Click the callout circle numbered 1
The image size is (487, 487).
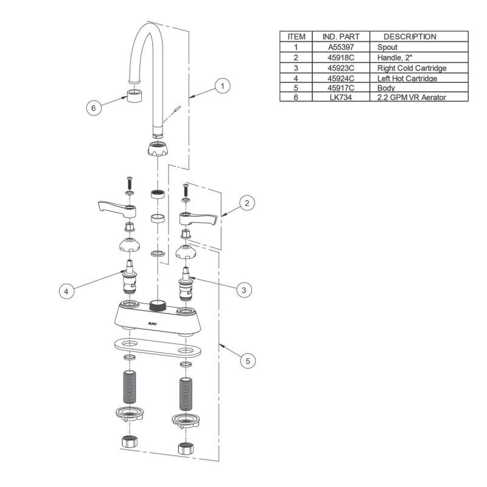click(x=222, y=86)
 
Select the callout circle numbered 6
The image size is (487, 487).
click(x=94, y=108)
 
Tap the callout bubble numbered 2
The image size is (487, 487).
click(x=247, y=203)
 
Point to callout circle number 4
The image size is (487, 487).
click(x=66, y=292)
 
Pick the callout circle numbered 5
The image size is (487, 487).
click(x=248, y=361)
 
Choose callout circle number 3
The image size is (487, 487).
click(x=244, y=290)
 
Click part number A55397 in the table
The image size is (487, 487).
click(x=341, y=47)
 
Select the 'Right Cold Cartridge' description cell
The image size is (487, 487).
click(x=412, y=68)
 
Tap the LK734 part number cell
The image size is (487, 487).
click(x=341, y=97)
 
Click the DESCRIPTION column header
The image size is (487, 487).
click(x=410, y=37)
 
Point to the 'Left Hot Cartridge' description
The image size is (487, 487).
click(x=407, y=79)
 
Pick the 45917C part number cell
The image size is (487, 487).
click(x=341, y=88)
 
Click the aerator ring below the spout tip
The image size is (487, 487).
click(x=135, y=94)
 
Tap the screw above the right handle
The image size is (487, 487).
click(x=186, y=189)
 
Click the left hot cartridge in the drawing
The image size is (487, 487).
click(x=130, y=277)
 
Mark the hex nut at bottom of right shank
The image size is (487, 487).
click(x=186, y=449)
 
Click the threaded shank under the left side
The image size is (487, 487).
click(x=129, y=387)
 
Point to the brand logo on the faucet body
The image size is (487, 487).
click(x=153, y=324)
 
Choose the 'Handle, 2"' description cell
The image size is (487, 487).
click(x=394, y=57)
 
